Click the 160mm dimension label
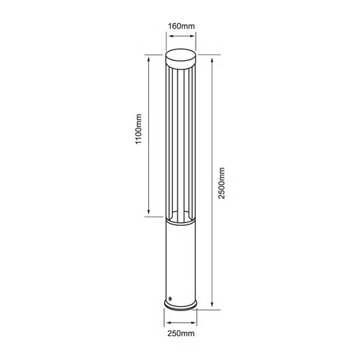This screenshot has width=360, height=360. tap(181, 26)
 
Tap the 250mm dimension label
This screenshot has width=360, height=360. tap(181, 333)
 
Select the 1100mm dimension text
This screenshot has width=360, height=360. tap(138, 129)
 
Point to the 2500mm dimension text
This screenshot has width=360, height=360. tap(222, 183)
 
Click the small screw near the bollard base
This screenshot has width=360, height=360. tap(170, 298)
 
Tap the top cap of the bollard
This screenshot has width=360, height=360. tap(181, 57)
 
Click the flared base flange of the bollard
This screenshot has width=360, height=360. tap(180, 306)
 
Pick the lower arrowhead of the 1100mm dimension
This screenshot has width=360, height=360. tap(149, 211)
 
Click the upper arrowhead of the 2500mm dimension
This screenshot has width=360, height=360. tap(212, 61)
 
